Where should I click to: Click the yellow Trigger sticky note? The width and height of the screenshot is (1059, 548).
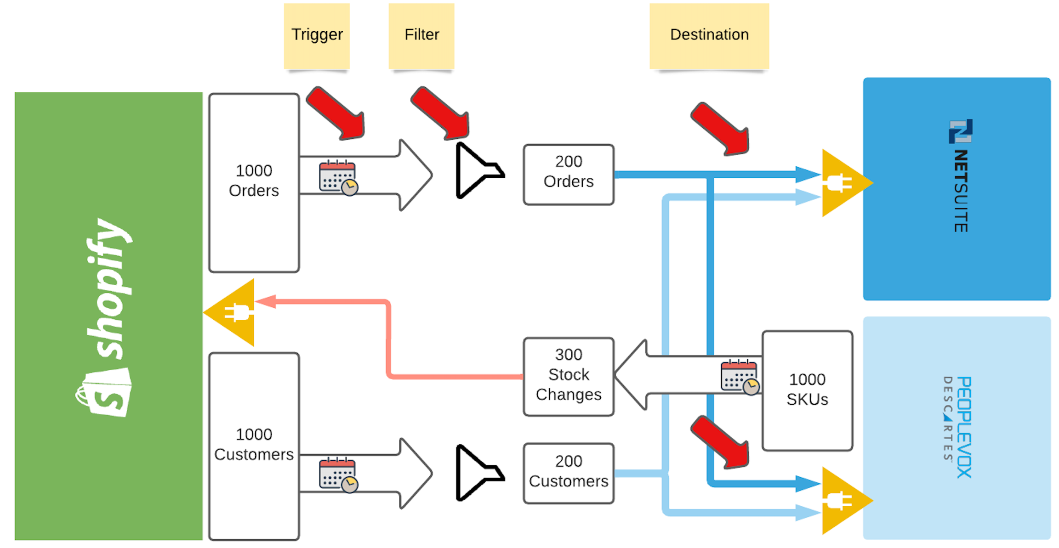[317, 36]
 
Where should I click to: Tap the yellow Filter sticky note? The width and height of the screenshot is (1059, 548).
[421, 36]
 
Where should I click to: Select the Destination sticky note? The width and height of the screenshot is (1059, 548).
[709, 36]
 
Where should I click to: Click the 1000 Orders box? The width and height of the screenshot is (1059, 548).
[254, 182]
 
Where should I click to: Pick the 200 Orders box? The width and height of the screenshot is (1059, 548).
[569, 174]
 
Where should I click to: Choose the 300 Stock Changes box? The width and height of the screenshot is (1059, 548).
[569, 376]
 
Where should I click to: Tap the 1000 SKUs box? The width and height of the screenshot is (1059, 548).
[807, 390]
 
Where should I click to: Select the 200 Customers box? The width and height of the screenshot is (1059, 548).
[569, 473]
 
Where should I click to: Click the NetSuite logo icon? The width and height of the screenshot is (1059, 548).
[961, 131]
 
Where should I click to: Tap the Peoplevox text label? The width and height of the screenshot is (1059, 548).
[964, 427]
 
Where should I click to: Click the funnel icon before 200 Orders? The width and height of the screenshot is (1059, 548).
[477, 170]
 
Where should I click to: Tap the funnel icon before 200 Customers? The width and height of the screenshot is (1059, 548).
[477, 473]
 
